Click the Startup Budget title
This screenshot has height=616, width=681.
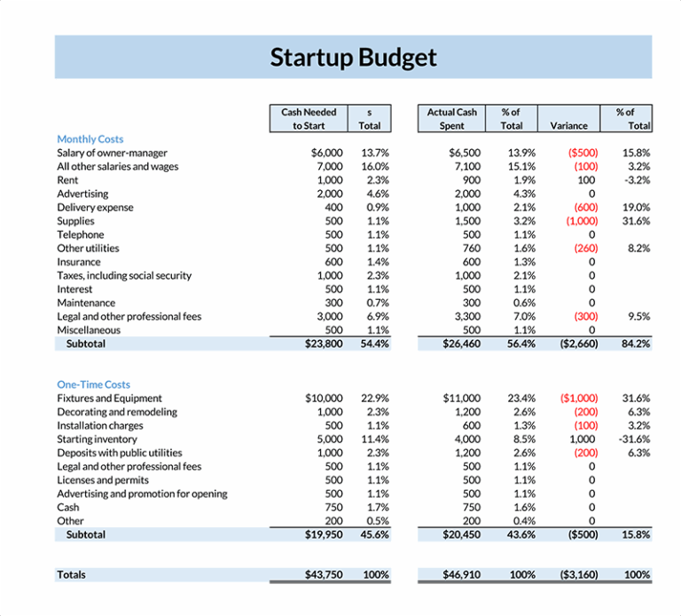click(x=353, y=58)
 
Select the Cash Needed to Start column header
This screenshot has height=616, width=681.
click(x=309, y=119)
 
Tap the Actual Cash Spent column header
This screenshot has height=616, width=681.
click(x=451, y=119)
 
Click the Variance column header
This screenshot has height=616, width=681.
click(x=568, y=126)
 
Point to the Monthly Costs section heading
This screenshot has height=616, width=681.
click(x=90, y=139)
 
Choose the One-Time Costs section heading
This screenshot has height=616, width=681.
click(x=93, y=384)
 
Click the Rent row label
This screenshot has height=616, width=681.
click(x=67, y=180)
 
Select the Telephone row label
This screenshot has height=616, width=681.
click(x=80, y=234)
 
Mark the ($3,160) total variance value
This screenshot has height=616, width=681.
click(x=578, y=575)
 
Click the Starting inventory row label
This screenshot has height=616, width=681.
click(x=97, y=439)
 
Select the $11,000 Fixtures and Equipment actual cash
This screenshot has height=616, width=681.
click(x=461, y=399)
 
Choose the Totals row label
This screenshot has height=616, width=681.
click(x=71, y=575)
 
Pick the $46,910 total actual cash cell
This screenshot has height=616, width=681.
click(x=461, y=575)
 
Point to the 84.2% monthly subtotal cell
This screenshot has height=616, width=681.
click(x=636, y=344)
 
